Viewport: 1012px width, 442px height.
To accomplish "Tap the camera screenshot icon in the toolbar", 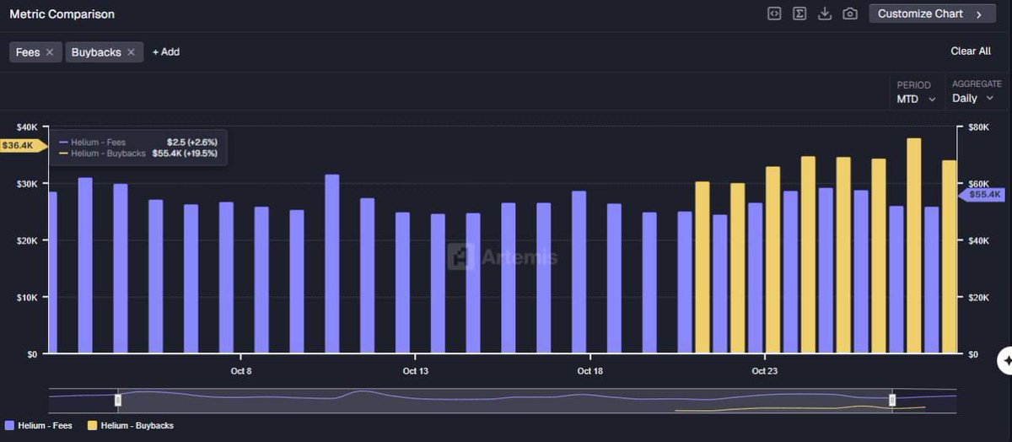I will click(x=850, y=14).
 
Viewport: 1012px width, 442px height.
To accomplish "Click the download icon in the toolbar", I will click(x=825, y=14).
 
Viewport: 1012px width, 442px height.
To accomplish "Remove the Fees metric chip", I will click(x=50, y=52).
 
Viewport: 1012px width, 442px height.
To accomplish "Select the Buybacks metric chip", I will click(x=96, y=52).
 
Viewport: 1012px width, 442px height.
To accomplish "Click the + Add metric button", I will click(x=166, y=52).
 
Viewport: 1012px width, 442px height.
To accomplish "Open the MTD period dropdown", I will click(x=916, y=99).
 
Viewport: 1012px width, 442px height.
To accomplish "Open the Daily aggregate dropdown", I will click(x=972, y=99).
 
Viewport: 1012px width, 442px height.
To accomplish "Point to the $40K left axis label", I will click(x=24, y=127).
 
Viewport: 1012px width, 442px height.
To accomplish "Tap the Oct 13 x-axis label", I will click(x=416, y=371).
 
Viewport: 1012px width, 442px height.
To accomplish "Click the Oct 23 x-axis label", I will click(x=764, y=371).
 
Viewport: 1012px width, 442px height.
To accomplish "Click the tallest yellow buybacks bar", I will click(x=913, y=245).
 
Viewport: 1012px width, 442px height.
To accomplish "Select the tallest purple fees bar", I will click(x=332, y=264).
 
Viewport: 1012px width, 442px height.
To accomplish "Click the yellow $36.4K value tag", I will click(x=19, y=146).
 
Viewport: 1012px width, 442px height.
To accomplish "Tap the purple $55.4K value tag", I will click(x=983, y=195).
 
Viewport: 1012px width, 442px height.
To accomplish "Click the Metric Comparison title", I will click(x=62, y=14).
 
